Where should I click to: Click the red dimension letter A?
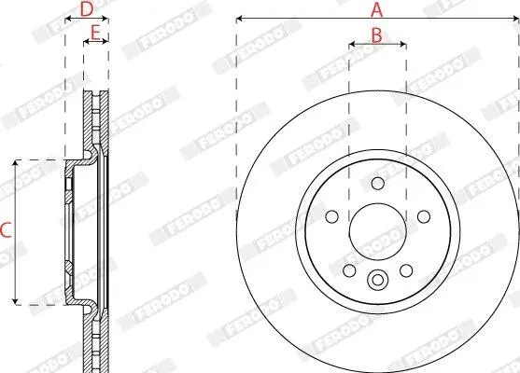pos(377,10)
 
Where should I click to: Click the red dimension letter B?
pos(377,35)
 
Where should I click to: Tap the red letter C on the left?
pos(6,230)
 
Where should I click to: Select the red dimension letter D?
pos(87,9)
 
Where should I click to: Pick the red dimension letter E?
pos(95,34)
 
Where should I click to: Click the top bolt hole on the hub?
pos(378,183)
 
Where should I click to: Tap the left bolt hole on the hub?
pos(332,216)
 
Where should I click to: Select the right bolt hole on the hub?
pos(424,216)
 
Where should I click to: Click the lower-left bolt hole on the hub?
pos(349,270)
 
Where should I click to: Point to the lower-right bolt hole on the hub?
pos(406,270)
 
